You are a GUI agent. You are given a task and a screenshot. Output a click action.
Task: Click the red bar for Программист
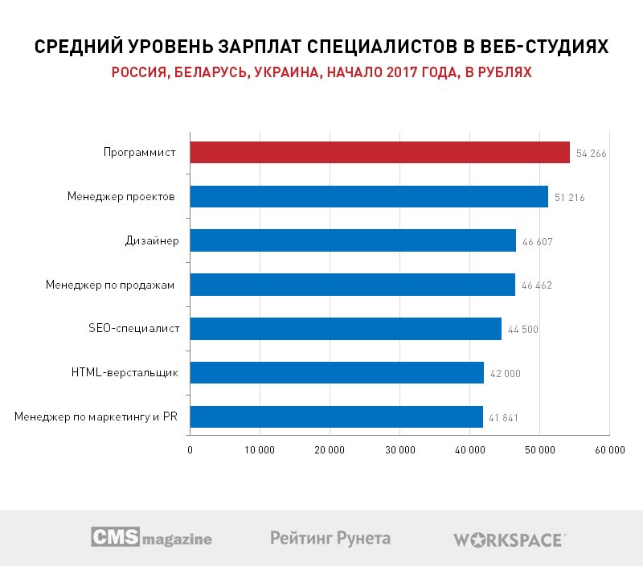379,153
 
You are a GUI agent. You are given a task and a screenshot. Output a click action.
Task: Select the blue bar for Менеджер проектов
369,197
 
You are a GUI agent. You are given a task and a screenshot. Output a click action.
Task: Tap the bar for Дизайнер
353,240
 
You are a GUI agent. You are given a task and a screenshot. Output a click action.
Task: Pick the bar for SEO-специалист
346,328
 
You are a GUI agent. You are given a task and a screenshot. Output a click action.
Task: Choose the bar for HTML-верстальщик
337,372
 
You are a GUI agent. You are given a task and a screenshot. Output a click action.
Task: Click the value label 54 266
591,154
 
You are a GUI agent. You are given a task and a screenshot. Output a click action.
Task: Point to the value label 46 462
536,285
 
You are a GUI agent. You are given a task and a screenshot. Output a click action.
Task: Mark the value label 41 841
504,417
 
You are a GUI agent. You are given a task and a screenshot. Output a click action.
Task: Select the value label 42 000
505,373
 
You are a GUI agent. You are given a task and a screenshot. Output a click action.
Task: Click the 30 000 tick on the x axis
399,450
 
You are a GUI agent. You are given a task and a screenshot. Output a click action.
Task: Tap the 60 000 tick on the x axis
609,450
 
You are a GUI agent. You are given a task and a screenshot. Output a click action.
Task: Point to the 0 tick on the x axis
190,450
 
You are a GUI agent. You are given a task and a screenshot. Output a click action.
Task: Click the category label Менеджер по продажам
111,285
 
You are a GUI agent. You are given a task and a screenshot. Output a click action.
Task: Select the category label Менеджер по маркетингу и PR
96,416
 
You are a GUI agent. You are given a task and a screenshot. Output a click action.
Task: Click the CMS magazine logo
151,537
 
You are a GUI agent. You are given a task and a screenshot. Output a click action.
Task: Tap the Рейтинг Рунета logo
330,537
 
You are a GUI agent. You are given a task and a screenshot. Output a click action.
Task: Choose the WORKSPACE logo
510,539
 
